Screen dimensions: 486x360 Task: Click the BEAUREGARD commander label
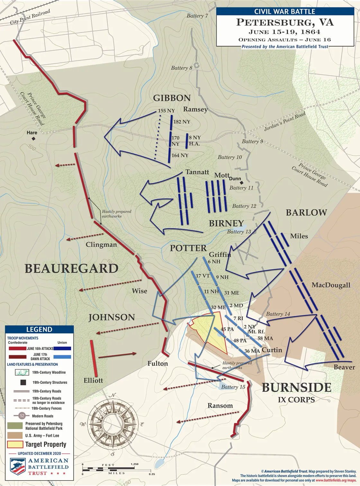(x=71, y=269)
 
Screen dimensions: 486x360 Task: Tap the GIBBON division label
(x=172, y=98)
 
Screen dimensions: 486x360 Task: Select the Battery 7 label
(x=197, y=16)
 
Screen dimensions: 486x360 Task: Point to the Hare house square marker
(x=33, y=139)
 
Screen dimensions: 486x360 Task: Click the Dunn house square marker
(x=242, y=183)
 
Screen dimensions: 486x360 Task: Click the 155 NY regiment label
(x=166, y=111)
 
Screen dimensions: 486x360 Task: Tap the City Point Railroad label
(x=30, y=17)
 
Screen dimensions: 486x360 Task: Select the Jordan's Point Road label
(x=284, y=121)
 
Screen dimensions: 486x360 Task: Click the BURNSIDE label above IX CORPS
(x=296, y=388)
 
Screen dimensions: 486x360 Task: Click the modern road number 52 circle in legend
(x=22, y=416)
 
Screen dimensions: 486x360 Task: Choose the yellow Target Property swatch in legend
(x=15, y=445)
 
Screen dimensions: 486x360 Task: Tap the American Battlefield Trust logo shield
(x=18, y=466)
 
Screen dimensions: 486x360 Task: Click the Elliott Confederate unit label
(x=93, y=381)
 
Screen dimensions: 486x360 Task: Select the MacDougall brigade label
(x=331, y=285)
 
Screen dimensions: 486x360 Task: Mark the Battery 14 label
(x=278, y=314)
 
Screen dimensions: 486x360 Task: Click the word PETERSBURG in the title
(x=273, y=23)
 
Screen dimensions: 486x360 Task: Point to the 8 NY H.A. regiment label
(x=194, y=141)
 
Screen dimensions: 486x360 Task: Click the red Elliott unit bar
(x=94, y=358)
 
